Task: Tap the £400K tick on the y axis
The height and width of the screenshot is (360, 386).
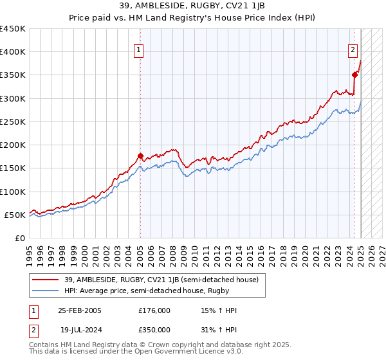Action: [x=13, y=52]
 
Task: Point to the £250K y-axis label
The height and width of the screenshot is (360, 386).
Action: [x=13, y=122]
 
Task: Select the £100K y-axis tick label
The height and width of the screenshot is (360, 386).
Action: [x=13, y=192]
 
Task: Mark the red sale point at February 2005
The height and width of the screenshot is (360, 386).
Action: [x=140, y=156]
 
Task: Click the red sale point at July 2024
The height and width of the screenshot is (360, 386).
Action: [x=354, y=75]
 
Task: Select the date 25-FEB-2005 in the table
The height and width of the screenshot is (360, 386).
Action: [x=80, y=310]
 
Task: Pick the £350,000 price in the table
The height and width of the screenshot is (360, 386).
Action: [x=154, y=330]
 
